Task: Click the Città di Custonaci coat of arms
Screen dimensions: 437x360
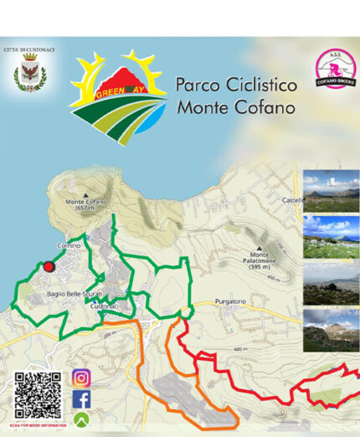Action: (29, 76)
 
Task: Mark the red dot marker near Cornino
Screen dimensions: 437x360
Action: (49, 266)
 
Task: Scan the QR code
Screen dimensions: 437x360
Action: (38, 394)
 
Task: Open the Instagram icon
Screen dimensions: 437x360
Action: (81, 378)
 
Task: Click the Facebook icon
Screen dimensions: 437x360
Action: (81, 399)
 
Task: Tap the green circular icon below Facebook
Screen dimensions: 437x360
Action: (81, 419)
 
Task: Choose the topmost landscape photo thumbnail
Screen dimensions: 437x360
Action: (331, 190)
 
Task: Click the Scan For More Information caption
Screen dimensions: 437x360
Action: (39, 425)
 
